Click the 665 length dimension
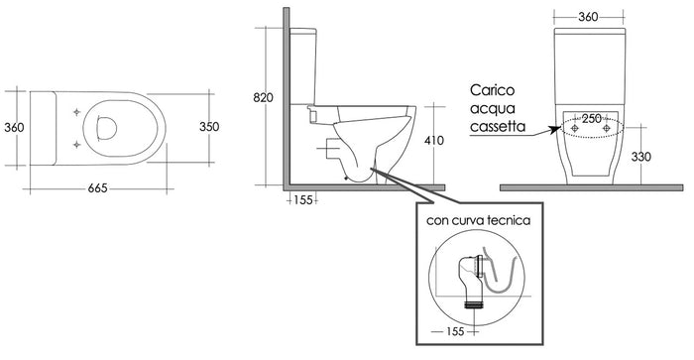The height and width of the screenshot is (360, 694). click(x=97, y=188)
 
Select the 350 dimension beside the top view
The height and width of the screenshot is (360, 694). click(x=209, y=127)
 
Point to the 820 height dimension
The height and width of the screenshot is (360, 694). click(x=263, y=97)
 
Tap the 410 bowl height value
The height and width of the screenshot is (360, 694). click(x=434, y=141)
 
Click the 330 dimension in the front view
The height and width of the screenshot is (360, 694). click(x=640, y=157)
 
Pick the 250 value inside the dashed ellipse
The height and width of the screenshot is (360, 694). click(x=592, y=119)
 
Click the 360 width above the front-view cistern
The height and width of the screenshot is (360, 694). click(x=588, y=17)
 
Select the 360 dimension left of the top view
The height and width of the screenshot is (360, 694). click(x=14, y=128)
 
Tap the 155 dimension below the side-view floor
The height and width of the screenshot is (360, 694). click(x=303, y=200)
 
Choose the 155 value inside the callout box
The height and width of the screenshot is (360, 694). click(x=455, y=331)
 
